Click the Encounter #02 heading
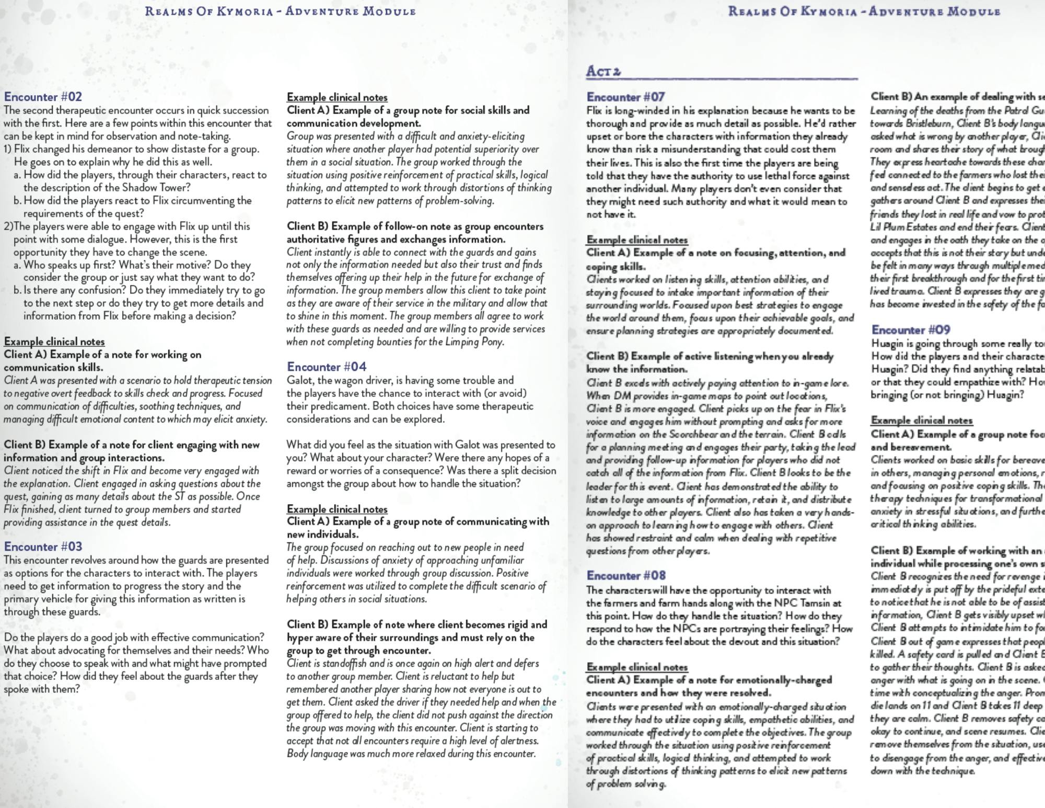point(43,97)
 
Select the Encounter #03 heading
point(43,547)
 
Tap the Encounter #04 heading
point(327,367)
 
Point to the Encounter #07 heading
point(625,97)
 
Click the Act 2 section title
point(603,71)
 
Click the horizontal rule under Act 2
point(722,79)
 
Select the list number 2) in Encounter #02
point(8,226)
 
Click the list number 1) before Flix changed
point(8,149)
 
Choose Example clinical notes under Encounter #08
point(637,667)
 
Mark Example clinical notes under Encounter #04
point(337,509)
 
